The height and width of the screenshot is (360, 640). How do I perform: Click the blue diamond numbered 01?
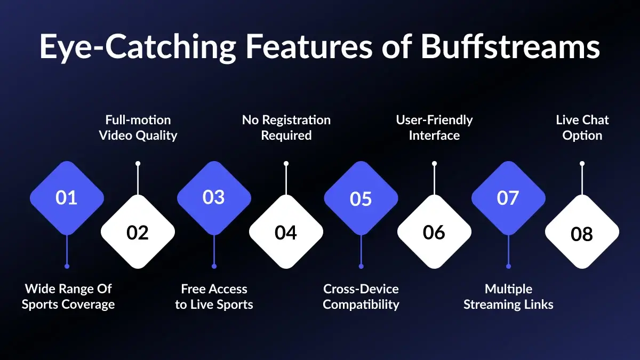click(67, 198)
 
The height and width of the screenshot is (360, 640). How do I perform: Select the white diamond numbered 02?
click(138, 233)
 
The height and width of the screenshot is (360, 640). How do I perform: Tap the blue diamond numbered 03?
click(214, 197)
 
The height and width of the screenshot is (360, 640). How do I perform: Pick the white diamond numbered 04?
click(286, 233)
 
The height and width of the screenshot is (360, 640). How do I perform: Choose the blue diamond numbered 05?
click(361, 198)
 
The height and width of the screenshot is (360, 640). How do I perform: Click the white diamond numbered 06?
click(434, 233)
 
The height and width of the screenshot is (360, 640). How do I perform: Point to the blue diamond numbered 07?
click(508, 198)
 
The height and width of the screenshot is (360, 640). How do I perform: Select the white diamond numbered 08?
click(582, 234)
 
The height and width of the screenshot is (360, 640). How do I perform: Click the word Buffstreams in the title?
click(510, 47)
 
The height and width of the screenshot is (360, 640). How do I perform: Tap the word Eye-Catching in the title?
click(138, 47)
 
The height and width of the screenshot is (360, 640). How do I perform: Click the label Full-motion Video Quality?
click(138, 127)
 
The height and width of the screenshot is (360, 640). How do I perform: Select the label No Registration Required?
click(286, 127)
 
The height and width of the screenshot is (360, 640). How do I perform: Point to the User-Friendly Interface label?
click(434, 127)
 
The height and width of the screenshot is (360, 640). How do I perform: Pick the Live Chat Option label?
click(582, 127)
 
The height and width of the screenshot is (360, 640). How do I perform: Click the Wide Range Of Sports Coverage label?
click(68, 297)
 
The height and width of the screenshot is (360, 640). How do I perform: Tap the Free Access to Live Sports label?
click(214, 297)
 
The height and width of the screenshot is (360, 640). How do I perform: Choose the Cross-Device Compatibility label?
click(361, 297)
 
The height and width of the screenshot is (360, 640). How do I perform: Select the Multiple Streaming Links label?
click(508, 297)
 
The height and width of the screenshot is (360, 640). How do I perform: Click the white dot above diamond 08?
click(582, 163)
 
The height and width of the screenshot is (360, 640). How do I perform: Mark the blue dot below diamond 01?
click(67, 266)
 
